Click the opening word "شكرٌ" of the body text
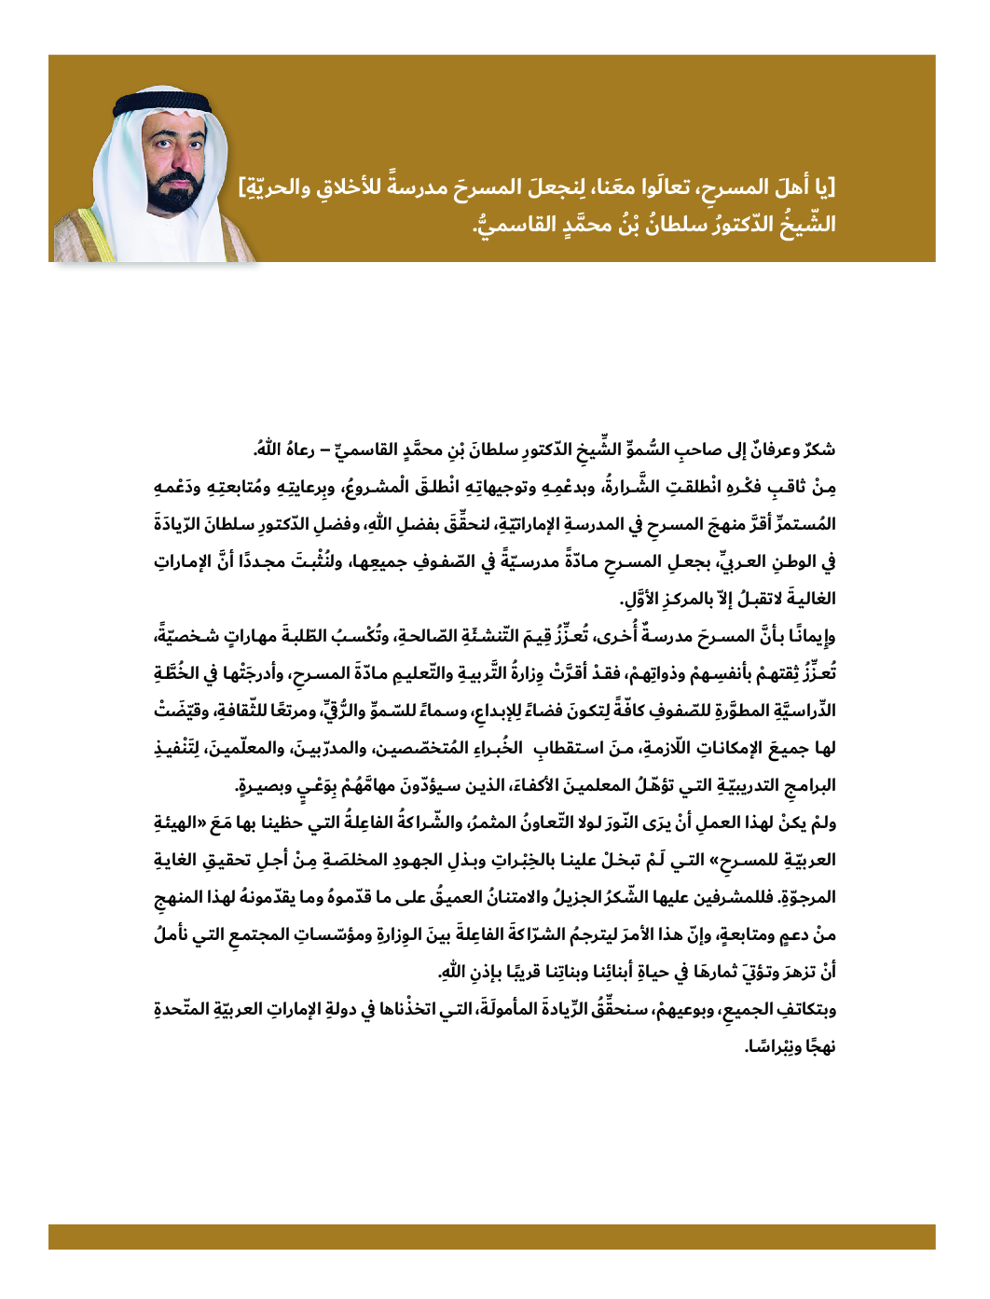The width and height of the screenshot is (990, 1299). (x=818, y=449)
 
